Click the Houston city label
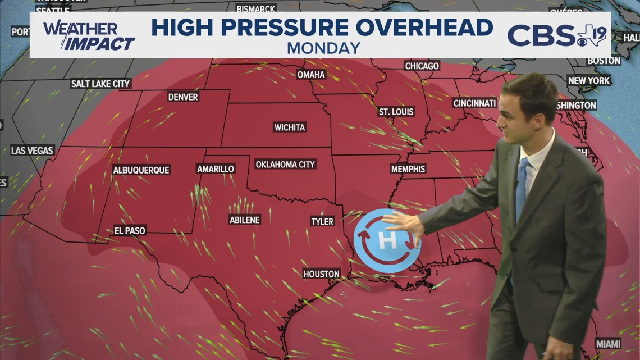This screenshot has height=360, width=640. pos(322,274)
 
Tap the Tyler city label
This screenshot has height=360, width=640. pos(322,222)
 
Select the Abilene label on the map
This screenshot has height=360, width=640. pos(245,220)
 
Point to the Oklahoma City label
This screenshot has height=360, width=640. pos(285,165)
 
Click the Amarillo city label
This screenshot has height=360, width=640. pos(216,169)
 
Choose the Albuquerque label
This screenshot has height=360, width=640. pos(141,170)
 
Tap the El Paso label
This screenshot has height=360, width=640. pos(130,231)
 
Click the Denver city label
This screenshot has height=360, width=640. pos(183,97)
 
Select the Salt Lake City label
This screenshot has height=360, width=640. pos(100,84)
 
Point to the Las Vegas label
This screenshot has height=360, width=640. pos(33,151)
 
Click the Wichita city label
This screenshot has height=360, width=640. pos(290,127)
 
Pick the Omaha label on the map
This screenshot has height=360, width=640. pos(311,75)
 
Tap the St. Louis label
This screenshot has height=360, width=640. pos(396,112)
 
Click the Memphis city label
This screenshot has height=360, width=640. pos(408,169)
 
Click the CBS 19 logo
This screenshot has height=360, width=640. pos(556,35)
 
